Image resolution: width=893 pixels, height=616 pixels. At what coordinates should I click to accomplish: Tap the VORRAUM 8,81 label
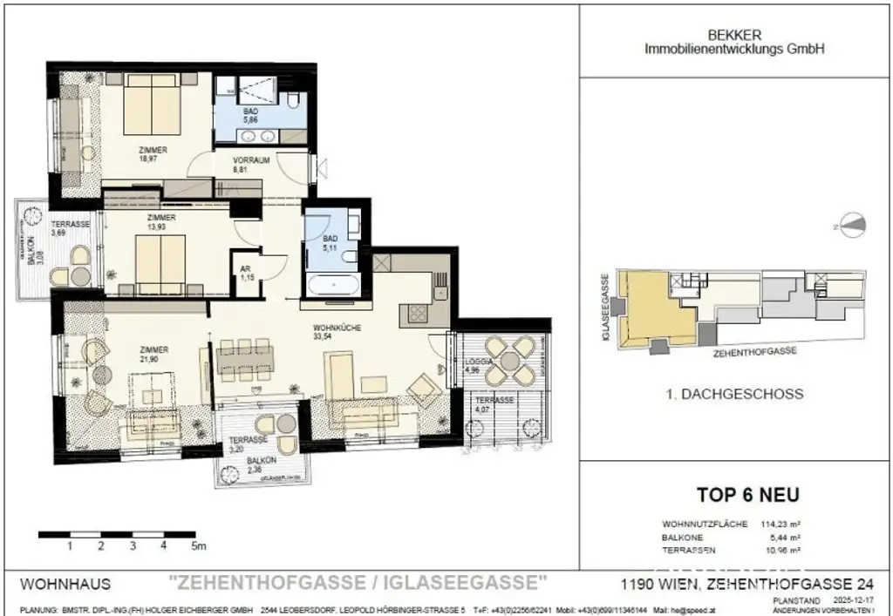point(251,166)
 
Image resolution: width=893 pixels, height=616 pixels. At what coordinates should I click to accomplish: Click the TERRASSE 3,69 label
point(70,229)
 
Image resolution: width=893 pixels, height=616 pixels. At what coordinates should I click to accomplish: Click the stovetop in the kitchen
point(412,313)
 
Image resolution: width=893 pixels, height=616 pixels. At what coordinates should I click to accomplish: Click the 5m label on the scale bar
point(199,546)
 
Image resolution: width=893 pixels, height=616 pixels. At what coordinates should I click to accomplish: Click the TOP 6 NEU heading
point(747,495)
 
